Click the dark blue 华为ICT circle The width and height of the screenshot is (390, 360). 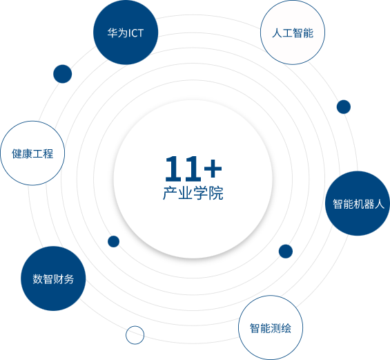pos(126,32)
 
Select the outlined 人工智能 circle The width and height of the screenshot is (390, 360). pos(293,32)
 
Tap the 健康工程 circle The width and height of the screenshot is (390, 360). pos(32,153)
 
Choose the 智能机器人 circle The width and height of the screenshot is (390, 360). pos(358,203)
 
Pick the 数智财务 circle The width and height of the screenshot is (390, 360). pos(53,278)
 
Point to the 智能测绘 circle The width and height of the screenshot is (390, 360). pos(271,328)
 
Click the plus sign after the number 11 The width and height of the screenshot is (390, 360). pos(213,169)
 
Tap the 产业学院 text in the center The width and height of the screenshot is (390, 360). pos(193,193)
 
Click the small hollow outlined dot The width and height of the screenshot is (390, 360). pos(135,335)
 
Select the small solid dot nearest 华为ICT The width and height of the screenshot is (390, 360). pos(62,74)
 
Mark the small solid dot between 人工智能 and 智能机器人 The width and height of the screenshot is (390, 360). pos(344,107)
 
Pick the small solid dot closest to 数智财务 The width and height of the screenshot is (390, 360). pos(113,241)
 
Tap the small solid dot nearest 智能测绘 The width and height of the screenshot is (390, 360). pos(286,252)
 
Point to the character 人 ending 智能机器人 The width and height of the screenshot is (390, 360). pos(380,204)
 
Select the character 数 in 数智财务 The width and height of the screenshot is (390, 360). pos(38,279)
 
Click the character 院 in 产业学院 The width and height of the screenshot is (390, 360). pos(216,193)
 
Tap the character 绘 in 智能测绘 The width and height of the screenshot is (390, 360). pos(286,328)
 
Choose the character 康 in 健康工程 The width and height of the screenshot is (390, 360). pos(28,153)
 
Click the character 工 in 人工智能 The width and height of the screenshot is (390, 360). pos(287,33)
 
